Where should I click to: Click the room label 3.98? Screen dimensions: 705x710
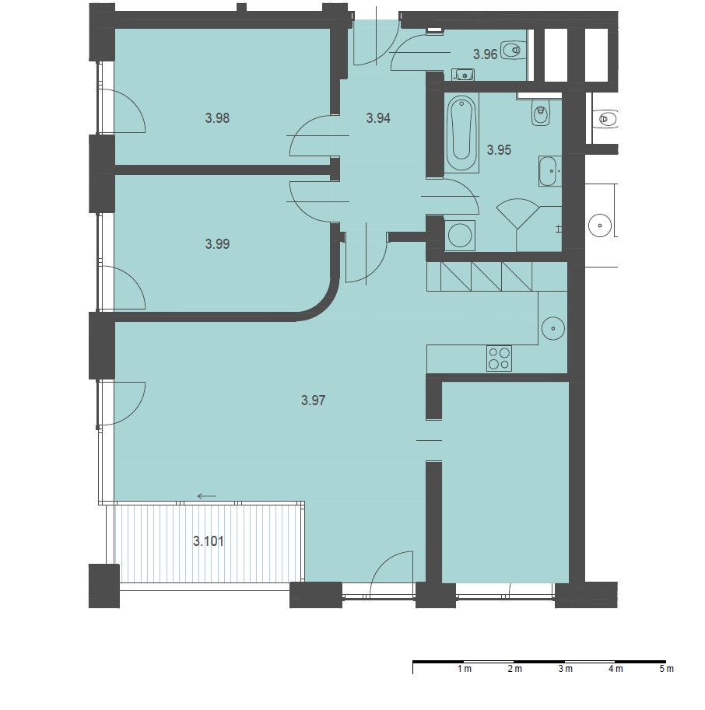217,118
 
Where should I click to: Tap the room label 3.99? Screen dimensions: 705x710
217,244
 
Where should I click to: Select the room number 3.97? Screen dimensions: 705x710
313,400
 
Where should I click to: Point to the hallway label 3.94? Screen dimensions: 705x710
378,118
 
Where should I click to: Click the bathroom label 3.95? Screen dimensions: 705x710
499,150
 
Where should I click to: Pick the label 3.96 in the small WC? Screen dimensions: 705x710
486,54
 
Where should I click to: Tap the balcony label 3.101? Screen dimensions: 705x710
209,541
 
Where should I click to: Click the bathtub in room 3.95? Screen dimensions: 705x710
461,133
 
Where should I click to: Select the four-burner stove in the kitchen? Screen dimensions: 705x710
499,358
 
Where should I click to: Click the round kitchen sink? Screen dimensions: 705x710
552,328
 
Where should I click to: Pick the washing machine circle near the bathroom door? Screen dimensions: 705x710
459,236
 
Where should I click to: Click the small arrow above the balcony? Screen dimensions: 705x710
207,496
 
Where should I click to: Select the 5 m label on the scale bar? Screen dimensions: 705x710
666,668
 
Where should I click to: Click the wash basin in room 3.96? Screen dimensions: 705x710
462,74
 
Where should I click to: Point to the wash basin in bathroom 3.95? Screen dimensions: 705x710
550,171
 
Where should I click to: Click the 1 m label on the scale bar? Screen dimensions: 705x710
465,668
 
